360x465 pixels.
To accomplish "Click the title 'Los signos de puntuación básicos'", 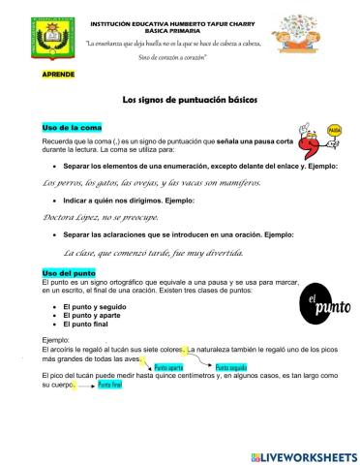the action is click(x=180, y=100).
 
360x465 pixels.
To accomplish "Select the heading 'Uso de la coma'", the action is click(x=73, y=127).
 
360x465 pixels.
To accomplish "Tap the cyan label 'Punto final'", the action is click(x=109, y=385).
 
